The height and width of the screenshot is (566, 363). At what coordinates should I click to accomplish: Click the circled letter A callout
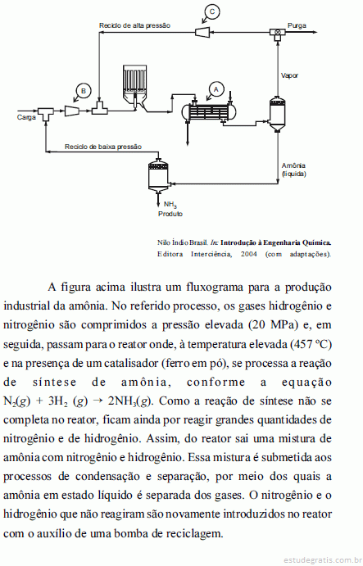pyautogui.click(x=216, y=88)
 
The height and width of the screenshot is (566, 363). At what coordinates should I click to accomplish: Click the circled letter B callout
pyautogui.click(x=84, y=91)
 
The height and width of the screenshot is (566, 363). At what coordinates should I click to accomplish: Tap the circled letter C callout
pyautogui.click(x=212, y=11)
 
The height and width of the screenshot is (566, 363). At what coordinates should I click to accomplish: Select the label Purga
pyautogui.click(x=297, y=25)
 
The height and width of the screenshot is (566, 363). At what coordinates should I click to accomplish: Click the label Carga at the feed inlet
pyautogui.click(x=26, y=117)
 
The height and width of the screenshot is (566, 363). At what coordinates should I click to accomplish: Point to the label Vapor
pyautogui.click(x=290, y=75)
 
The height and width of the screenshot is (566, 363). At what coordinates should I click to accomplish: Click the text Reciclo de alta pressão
pyautogui.click(x=134, y=25)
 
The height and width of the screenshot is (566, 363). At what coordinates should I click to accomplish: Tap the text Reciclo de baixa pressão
pyautogui.click(x=103, y=147)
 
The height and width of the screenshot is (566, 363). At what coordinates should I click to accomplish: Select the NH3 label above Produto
pyautogui.click(x=170, y=205)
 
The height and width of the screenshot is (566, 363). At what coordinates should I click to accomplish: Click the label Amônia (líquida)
pyautogui.click(x=293, y=170)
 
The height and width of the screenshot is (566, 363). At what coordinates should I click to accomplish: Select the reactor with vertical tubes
pyautogui.click(x=134, y=87)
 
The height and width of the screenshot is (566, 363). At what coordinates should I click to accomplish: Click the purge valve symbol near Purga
pyautogui.click(x=278, y=32)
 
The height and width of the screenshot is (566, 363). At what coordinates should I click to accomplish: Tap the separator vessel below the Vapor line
pyautogui.click(x=278, y=114)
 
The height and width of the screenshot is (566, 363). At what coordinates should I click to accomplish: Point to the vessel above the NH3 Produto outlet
pyautogui.click(x=158, y=175)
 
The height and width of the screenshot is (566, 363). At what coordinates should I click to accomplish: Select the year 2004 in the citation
pyautogui.click(x=249, y=254)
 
